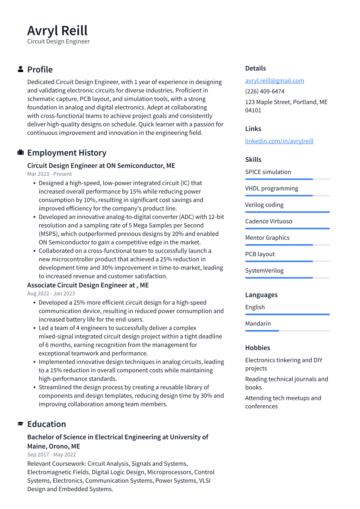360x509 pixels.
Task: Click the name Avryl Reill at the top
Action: point(57,31)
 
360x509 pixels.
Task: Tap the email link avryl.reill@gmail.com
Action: point(274,81)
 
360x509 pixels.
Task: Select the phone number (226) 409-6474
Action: point(264,92)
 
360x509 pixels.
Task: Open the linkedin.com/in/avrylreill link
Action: point(279,141)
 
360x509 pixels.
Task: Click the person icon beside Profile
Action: point(20,69)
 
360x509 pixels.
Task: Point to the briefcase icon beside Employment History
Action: point(20,153)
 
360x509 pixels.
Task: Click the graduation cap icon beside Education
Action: point(20,424)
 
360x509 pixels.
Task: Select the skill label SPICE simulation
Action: point(268,172)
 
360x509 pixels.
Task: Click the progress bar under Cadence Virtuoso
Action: point(287,228)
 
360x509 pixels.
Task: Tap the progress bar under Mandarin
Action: point(287,331)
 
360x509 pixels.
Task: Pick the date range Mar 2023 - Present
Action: point(50,174)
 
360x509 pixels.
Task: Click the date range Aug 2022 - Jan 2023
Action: point(51,294)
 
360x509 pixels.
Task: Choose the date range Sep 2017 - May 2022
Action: point(51,455)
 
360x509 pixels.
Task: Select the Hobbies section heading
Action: point(258,348)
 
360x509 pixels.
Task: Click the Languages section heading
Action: point(261,295)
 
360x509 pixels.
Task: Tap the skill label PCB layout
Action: point(260,254)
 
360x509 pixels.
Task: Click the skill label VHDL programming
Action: point(271,188)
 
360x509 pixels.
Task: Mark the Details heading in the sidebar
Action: point(255,68)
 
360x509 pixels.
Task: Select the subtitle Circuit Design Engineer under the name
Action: point(58,41)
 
